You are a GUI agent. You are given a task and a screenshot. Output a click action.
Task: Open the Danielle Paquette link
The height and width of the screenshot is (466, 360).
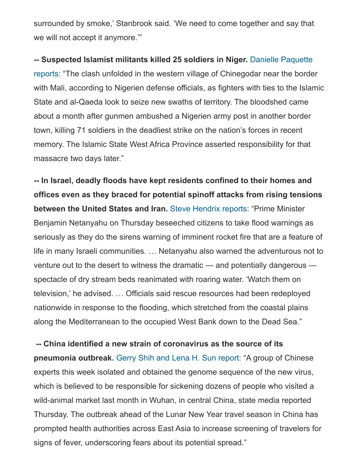tap(281, 60)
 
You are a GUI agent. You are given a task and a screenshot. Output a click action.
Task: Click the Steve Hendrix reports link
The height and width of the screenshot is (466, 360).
tap(208, 209)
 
